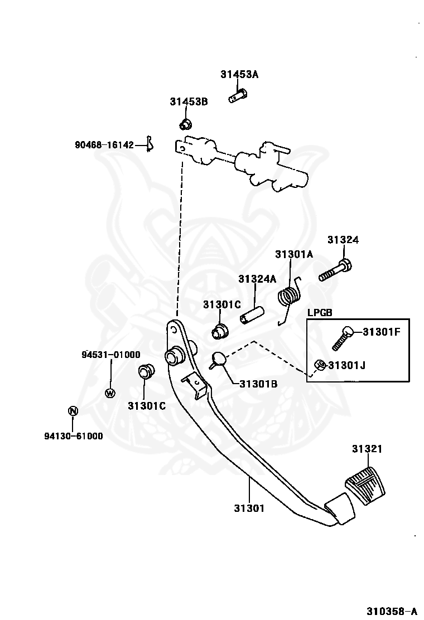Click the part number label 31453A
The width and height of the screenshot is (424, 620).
[x=239, y=74]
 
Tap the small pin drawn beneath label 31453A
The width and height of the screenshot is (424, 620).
[x=237, y=97]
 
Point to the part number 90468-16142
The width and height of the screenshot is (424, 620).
[x=104, y=145]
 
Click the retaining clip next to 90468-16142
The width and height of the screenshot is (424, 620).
[x=149, y=144]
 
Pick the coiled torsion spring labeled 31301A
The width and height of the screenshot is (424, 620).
[x=288, y=296]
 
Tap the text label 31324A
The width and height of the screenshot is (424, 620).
[x=257, y=279]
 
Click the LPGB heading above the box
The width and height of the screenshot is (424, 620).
[x=320, y=313]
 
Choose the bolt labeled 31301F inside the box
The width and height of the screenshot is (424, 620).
[x=343, y=337]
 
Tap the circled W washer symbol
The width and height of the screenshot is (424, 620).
[x=110, y=393]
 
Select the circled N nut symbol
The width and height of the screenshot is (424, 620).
[x=72, y=411]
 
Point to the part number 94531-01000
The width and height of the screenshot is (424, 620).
[x=111, y=355]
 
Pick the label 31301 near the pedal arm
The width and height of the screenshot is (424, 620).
[x=249, y=508]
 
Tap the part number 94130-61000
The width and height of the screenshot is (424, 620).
[x=74, y=436]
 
